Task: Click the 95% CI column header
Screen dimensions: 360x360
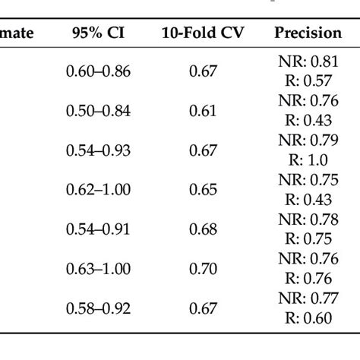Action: click(98, 34)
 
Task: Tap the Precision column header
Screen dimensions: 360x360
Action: click(308, 34)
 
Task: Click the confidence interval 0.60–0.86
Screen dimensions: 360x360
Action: click(98, 71)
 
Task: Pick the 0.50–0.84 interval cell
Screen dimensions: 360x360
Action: click(98, 111)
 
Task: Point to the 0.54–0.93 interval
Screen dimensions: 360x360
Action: click(98, 150)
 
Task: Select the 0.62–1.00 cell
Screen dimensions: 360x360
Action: click(98, 190)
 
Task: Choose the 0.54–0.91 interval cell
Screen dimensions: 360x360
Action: click(98, 229)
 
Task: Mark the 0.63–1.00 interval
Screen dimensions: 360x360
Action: click(98, 268)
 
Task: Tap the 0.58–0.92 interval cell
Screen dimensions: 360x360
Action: click(98, 308)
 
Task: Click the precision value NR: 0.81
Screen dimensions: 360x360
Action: click(308, 62)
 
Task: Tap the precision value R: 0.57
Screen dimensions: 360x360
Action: click(308, 81)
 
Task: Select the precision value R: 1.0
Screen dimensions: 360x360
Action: click(308, 160)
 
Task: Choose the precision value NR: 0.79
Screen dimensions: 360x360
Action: click(308, 141)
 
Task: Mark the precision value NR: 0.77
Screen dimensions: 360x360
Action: click(308, 298)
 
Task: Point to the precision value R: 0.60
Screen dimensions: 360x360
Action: click(308, 317)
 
